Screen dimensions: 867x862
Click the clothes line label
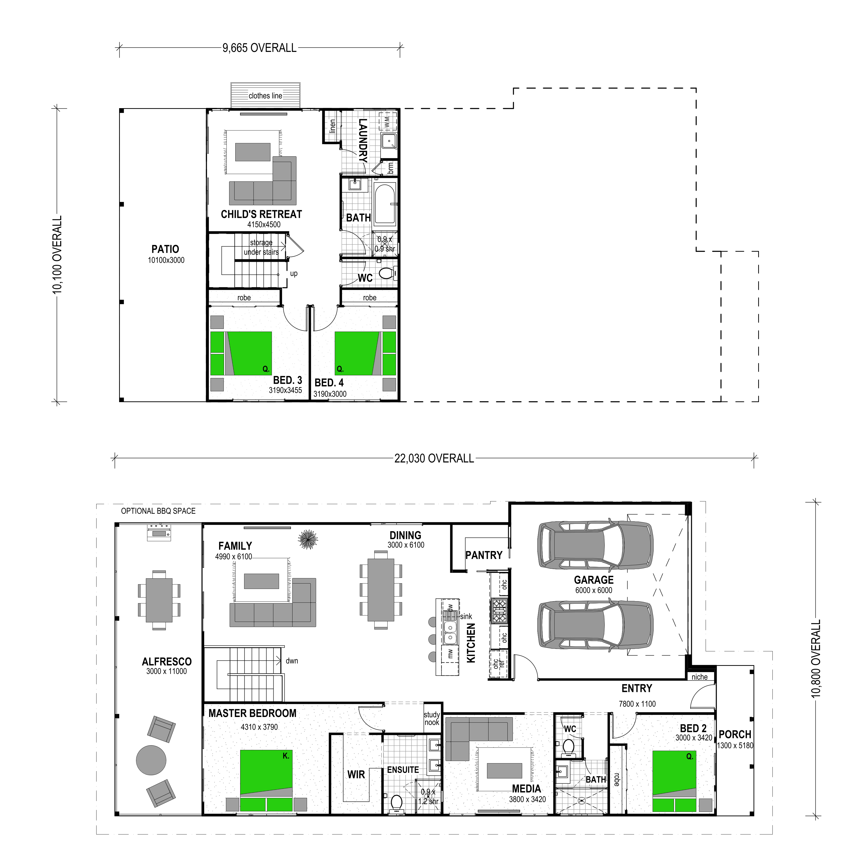click(265, 96)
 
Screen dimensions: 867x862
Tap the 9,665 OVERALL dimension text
click(259, 48)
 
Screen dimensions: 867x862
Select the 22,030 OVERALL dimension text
click(434, 459)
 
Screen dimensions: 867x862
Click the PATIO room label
click(165, 249)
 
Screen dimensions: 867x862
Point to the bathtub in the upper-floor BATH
click(385, 205)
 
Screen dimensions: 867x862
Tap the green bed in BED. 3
click(241, 353)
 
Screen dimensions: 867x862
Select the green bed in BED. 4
click(365, 353)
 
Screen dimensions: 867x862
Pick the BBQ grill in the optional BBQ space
click(159, 532)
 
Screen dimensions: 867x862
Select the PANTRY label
click(484, 555)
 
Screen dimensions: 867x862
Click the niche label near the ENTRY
click(699, 677)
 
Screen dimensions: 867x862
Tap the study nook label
click(432, 718)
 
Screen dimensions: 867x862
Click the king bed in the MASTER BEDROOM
click(266, 780)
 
